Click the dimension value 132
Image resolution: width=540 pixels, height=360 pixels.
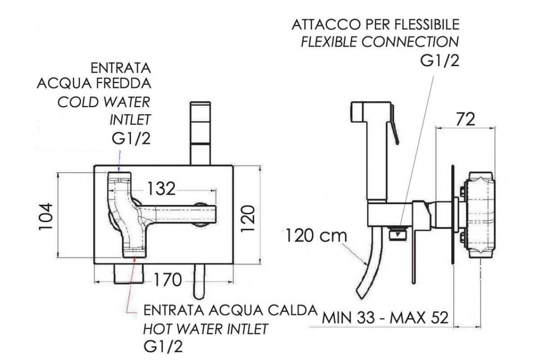[x=161, y=189]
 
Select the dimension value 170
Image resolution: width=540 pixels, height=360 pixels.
[x=167, y=280]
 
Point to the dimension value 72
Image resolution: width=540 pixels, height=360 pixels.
[x=465, y=119]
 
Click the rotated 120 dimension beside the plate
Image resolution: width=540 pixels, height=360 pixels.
[x=248, y=218]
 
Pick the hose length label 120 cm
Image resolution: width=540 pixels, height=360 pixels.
[x=316, y=236]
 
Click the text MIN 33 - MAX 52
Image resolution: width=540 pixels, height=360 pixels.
[x=385, y=318]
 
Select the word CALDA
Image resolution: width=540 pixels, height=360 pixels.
[x=293, y=310]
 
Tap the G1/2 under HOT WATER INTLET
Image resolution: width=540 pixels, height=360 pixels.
[x=163, y=347]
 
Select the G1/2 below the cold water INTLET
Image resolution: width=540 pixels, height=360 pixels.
[x=131, y=139]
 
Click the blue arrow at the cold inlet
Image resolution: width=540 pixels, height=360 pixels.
[x=120, y=161]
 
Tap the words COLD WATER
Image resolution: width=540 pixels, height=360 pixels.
[x=104, y=102]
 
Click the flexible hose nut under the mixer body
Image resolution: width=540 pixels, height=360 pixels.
[x=398, y=234]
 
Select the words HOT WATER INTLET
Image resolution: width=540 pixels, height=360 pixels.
[x=206, y=328]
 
